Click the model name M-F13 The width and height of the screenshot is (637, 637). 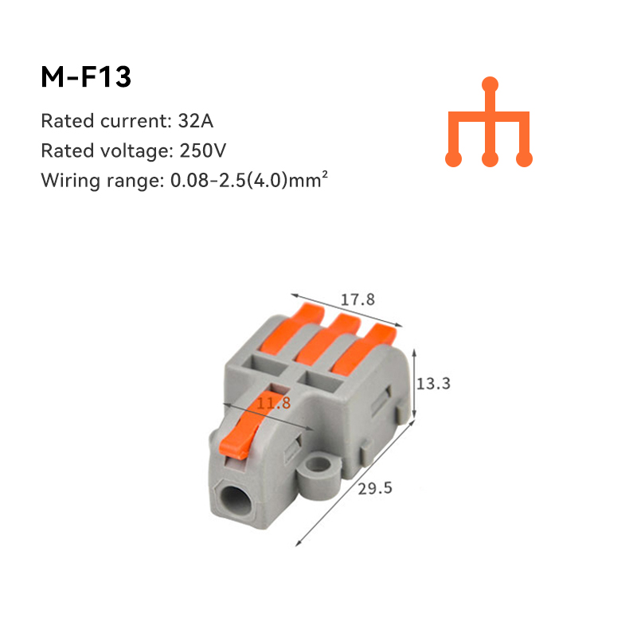(85, 77)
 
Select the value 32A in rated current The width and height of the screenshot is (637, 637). (197, 122)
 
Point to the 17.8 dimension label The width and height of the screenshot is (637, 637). (358, 300)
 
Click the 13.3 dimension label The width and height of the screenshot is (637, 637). (434, 383)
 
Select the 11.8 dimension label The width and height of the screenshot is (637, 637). (273, 404)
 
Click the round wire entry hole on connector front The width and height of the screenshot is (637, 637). (235, 502)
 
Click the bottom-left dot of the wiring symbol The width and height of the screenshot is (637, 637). (453, 159)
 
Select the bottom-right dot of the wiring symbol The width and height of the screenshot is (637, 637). (524, 159)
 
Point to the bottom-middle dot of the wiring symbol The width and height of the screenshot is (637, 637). (490, 159)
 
